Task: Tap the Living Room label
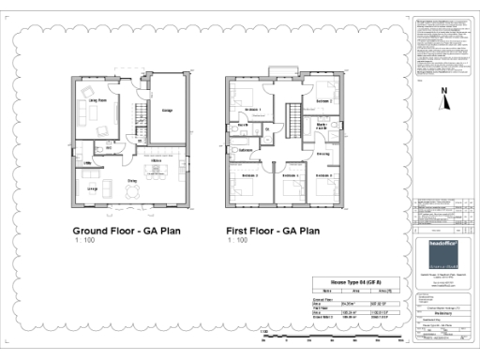coord(97,99)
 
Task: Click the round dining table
coord(132,191)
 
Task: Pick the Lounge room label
coord(94,188)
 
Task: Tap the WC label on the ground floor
coord(109,147)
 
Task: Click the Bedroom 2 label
coord(323,100)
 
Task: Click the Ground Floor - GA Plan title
coord(127,230)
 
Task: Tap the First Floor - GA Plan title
coord(273,230)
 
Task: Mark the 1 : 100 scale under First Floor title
coord(238,241)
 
